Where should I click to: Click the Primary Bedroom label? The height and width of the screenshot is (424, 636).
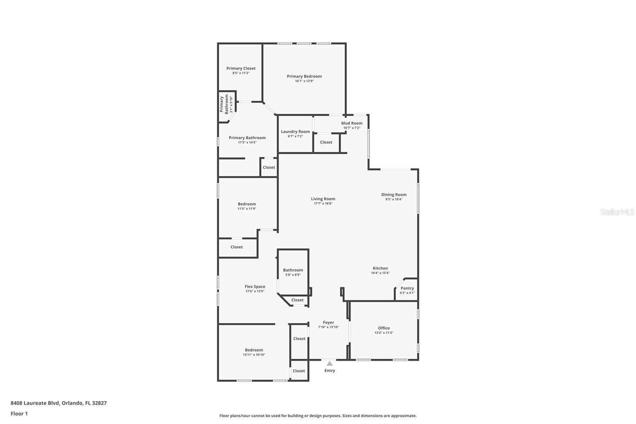(x=304, y=76)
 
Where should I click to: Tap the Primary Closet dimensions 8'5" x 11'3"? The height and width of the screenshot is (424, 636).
(x=241, y=73)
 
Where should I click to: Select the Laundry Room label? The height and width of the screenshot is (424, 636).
(x=295, y=132)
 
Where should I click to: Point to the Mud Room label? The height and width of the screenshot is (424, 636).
(x=352, y=123)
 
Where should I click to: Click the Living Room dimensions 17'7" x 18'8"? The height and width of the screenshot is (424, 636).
(x=323, y=204)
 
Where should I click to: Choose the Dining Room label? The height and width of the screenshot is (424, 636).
(x=394, y=194)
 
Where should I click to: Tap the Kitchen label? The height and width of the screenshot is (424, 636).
(x=380, y=268)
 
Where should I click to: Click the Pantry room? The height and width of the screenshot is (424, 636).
(x=407, y=290)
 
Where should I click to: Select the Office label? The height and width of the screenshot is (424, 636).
(x=384, y=328)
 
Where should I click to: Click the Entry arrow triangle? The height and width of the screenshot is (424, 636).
(x=330, y=363)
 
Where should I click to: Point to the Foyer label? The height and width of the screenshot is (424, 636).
(x=328, y=323)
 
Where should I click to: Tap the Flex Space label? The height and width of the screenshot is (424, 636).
(x=255, y=286)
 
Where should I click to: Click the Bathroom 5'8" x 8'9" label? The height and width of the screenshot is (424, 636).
(x=293, y=270)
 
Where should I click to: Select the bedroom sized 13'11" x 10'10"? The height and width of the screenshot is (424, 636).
(x=254, y=352)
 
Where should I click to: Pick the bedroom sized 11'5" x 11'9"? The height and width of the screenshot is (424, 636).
(x=247, y=206)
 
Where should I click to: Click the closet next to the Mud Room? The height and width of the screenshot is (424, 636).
(x=326, y=142)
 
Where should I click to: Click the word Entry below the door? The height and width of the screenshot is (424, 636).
(x=330, y=371)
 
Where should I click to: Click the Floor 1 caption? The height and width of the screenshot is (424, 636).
(x=19, y=414)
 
